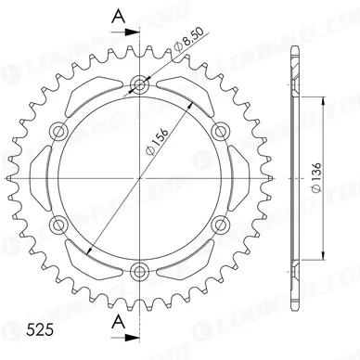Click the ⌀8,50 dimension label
[188, 39]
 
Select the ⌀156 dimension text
[157, 141]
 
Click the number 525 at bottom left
[40, 330]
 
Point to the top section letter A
[119, 16]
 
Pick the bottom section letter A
[119, 322]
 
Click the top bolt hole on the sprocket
[139, 84]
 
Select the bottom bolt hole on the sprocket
[139, 272]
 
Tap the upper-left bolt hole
[58, 131]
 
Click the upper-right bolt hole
[221, 131]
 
